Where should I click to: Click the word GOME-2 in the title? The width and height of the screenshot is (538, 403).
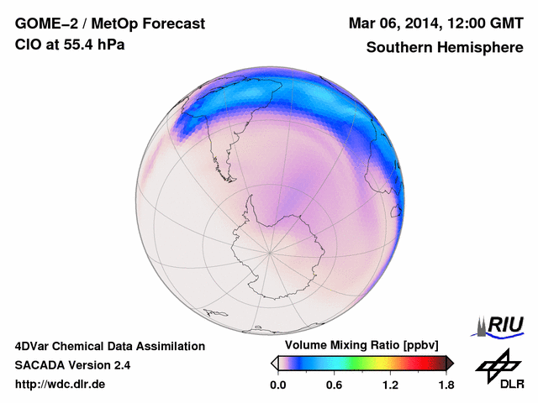click(x=43, y=24)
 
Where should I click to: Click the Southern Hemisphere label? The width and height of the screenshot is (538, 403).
click(x=445, y=47)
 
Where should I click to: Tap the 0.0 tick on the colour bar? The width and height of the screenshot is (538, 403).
click(x=278, y=385)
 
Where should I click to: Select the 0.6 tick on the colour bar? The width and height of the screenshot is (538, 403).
click(x=334, y=385)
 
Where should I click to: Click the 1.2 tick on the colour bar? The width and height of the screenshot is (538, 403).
click(x=390, y=385)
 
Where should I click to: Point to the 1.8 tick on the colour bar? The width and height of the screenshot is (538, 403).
click(x=446, y=385)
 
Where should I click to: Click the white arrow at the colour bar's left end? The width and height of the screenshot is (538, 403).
click(x=274, y=363)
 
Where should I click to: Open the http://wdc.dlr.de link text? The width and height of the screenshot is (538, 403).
click(x=61, y=385)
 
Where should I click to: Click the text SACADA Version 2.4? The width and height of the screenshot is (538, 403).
click(x=72, y=365)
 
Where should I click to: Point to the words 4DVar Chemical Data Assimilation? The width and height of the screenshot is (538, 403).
click(x=109, y=346)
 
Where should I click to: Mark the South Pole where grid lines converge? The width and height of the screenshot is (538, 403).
click(x=270, y=252)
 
